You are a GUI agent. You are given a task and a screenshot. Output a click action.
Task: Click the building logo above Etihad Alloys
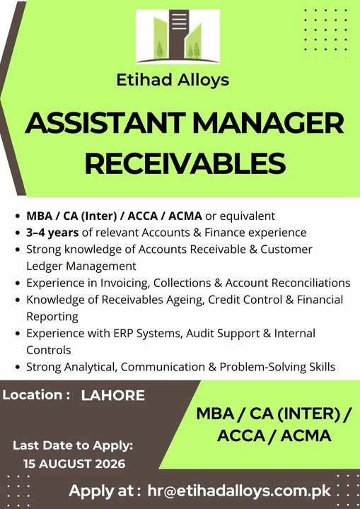[178, 36]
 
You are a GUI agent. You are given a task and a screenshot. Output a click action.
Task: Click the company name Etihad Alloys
[173, 80]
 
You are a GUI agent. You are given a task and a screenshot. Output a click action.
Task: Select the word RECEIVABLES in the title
[185, 163]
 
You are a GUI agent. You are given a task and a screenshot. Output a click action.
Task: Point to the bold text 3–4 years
[52, 233]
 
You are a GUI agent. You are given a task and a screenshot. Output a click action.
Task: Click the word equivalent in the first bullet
[240, 216]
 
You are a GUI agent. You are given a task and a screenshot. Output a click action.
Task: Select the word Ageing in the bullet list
[185, 300]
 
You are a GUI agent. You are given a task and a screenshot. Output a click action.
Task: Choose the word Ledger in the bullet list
[45, 267]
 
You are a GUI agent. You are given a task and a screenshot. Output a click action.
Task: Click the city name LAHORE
[113, 395]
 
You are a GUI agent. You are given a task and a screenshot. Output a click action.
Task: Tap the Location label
[36, 395]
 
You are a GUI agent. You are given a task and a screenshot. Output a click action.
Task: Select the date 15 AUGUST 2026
[74, 464]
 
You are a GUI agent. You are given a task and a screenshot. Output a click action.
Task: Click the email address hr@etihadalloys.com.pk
[239, 491]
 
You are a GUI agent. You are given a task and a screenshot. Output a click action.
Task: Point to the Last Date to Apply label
[73, 445]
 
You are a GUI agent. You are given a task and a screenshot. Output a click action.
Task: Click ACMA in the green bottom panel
[306, 435]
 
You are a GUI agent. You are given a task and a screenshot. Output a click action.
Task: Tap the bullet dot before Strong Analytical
[18, 368]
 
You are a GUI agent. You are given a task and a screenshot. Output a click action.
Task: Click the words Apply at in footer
[105, 491]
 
